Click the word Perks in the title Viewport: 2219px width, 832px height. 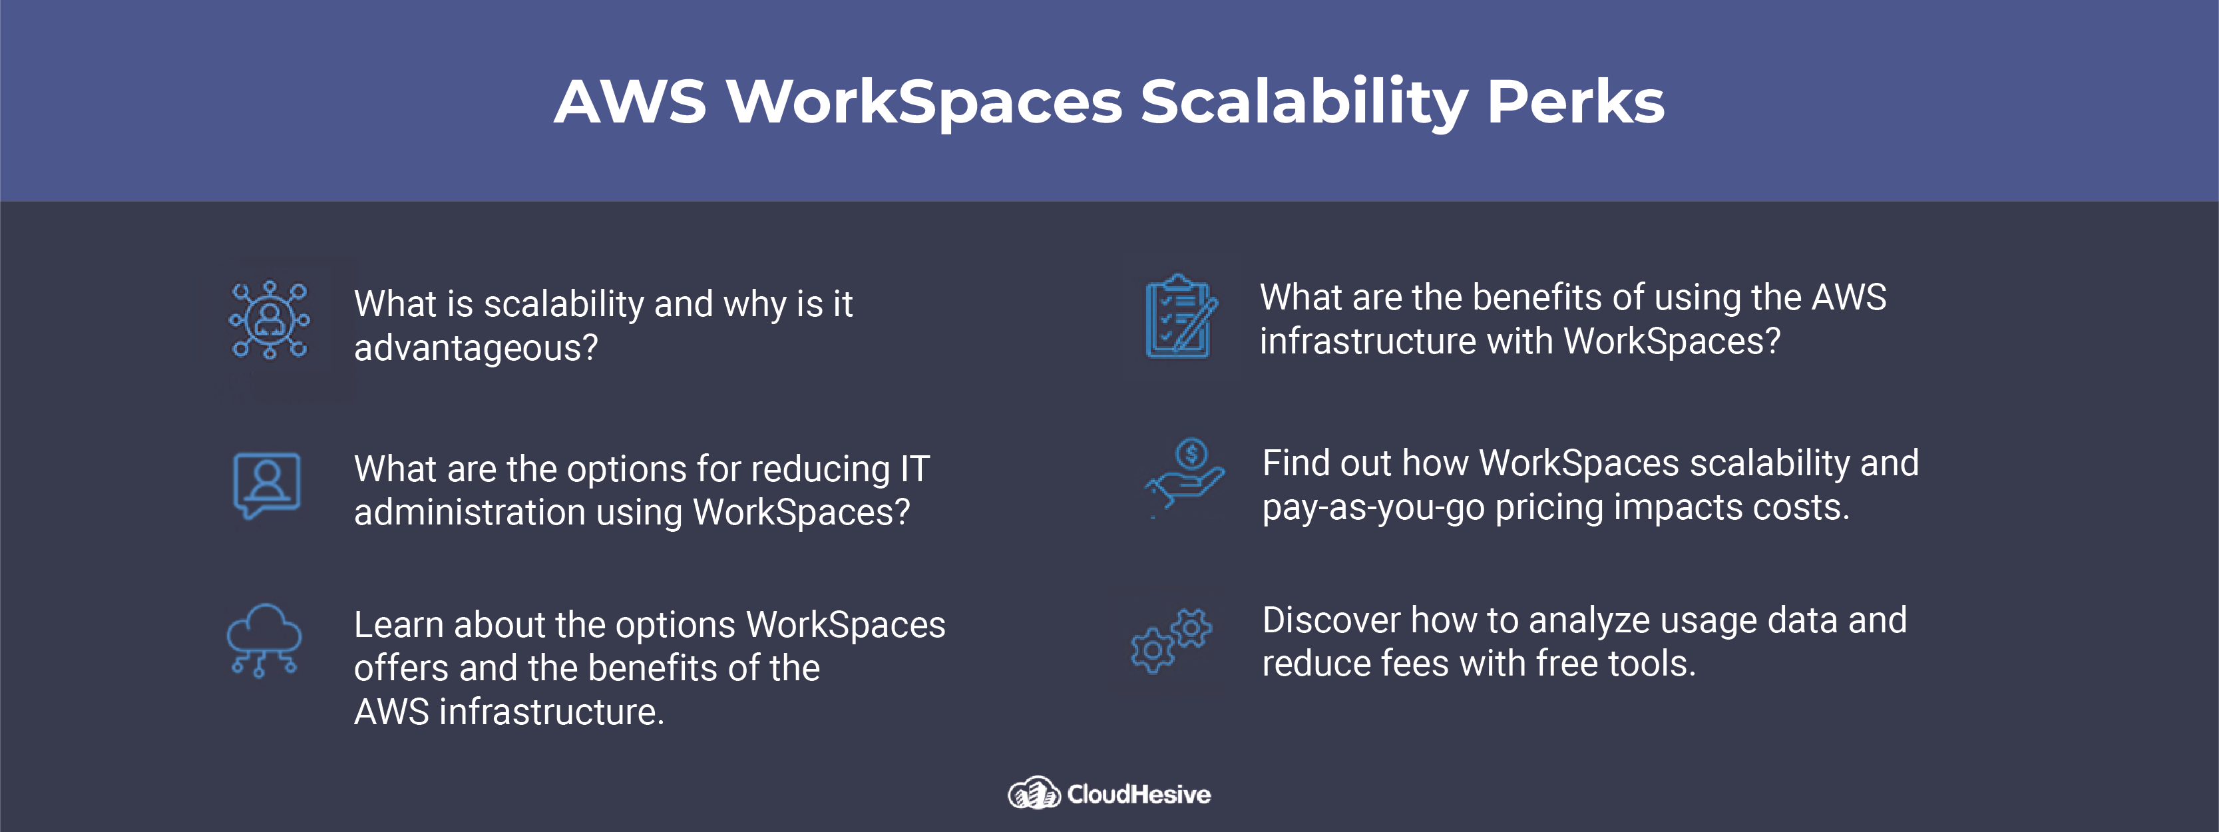1576,102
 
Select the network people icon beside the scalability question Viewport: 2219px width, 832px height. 270,319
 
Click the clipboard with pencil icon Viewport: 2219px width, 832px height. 1181,316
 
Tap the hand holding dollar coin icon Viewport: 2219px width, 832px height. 1185,478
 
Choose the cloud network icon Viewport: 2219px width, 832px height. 264,640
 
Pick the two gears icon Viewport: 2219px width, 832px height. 1171,640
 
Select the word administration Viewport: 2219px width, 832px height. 469,513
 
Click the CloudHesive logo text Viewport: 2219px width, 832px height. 1139,794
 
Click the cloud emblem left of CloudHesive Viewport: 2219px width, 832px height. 1034,793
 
